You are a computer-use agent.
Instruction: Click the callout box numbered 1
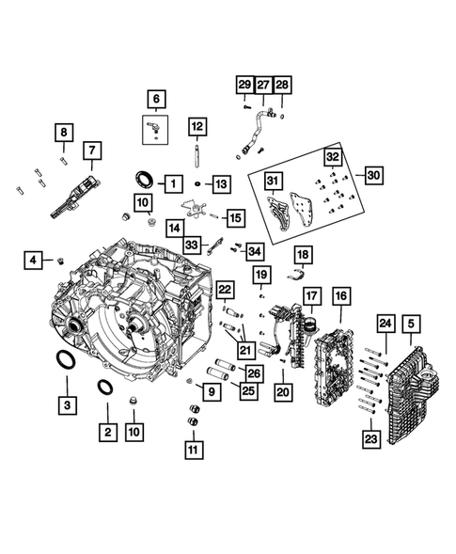coord(172,182)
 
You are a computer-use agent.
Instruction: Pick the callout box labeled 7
coord(92,150)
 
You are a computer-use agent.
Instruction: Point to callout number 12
coord(196,126)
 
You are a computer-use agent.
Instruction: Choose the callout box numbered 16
coord(339,297)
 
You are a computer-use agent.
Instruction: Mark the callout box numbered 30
coord(373,176)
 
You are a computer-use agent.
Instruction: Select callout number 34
coord(254,250)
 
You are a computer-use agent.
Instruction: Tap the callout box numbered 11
coord(193,450)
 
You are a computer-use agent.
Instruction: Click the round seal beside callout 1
coord(148,180)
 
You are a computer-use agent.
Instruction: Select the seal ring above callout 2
coord(106,388)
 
